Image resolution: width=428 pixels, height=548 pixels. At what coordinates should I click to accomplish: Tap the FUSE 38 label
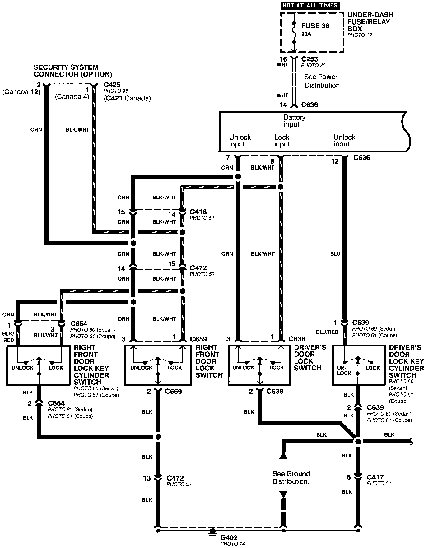coord(315,26)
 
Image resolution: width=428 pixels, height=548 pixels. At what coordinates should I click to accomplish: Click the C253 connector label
coord(309,59)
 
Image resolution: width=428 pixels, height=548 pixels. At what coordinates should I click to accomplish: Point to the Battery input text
coord(294,121)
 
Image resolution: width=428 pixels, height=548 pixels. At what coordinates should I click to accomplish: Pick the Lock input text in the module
coord(282,141)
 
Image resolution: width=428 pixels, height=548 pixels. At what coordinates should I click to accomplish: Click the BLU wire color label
coord(335,254)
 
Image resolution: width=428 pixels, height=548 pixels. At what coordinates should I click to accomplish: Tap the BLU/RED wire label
coord(327,332)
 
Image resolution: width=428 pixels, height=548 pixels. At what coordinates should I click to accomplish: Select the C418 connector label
coord(198,212)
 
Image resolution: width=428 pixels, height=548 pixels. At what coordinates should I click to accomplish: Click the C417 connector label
coord(375,477)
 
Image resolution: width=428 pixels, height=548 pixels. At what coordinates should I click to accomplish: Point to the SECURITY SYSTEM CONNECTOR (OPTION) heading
coord(73,71)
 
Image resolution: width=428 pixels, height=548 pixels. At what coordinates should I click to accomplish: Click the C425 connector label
coord(112,85)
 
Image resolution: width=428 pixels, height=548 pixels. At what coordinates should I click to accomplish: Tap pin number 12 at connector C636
coord(335,161)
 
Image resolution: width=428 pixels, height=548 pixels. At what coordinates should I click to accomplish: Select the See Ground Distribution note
coord(291,477)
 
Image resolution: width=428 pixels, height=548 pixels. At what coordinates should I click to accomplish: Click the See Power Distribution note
coord(322,81)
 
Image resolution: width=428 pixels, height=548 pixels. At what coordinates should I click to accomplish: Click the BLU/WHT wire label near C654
coord(46,335)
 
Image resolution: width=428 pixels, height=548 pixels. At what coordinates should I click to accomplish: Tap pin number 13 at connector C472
coord(147,478)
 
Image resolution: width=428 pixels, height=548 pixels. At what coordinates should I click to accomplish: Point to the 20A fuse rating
coord(306,34)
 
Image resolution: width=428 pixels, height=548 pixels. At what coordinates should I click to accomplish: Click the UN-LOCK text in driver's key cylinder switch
coord(344,370)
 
